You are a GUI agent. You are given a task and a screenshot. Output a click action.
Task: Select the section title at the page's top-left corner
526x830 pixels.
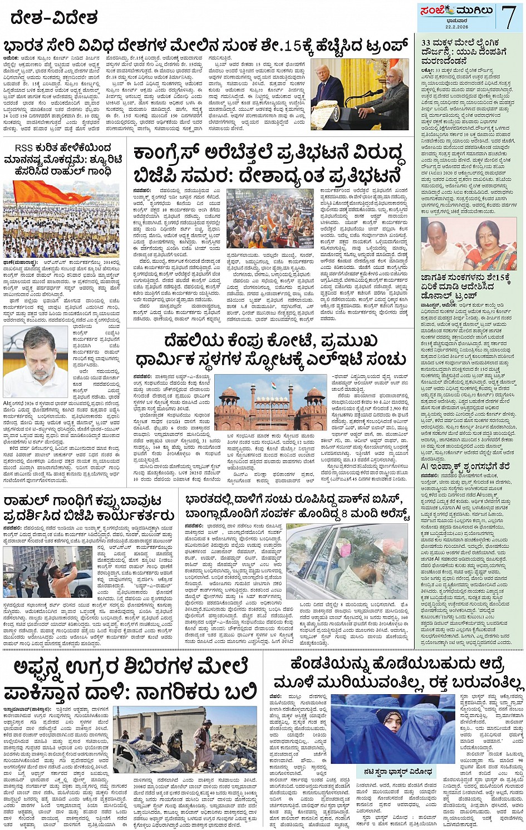tap(53, 17)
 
